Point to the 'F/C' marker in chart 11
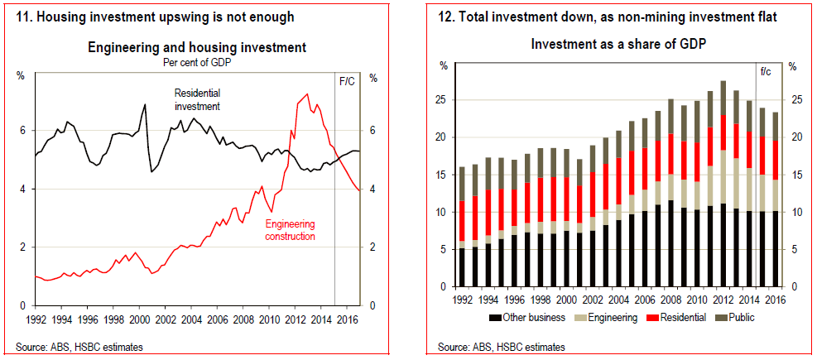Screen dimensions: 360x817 [348, 79]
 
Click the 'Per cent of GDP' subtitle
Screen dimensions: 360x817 [196, 62]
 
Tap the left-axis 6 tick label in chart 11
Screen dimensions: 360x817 [22, 131]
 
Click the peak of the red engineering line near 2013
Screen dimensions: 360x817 [308, 94]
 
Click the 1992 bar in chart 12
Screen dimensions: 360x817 [460, 227]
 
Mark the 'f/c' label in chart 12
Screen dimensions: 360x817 [766, 72]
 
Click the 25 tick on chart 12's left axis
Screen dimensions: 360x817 [442, 100]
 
